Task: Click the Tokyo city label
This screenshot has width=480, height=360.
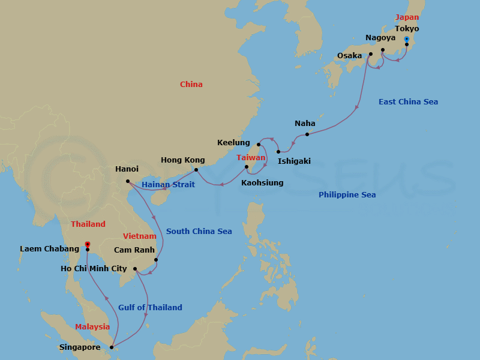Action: (407, 29)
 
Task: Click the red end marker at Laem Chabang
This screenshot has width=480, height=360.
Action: (88, 245)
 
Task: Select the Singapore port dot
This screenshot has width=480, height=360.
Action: (112, 347)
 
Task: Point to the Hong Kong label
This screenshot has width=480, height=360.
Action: (182, 160)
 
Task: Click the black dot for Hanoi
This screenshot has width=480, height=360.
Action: (128, 181)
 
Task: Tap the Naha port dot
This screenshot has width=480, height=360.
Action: (307, 134)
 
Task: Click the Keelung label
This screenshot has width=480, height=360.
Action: (233, 143)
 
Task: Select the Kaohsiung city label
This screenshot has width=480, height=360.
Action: (262, 182)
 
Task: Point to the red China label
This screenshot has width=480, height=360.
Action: (191, 85)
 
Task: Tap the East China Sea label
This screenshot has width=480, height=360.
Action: (408, 102)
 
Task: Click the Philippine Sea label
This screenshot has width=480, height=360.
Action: (347, 194)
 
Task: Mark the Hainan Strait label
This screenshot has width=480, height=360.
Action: (168, 184)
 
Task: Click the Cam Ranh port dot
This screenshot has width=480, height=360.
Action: (156, 260)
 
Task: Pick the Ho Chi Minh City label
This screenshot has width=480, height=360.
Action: (94, 269)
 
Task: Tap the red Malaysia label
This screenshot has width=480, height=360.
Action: (92, 327)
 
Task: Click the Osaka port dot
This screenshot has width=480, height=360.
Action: (370, 54)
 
